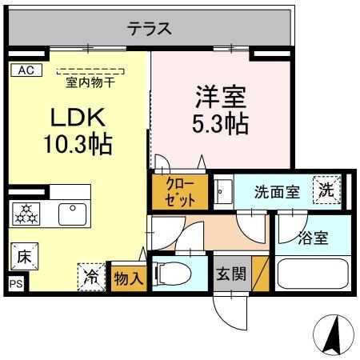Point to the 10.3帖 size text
[x=78, y=146]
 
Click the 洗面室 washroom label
[x=276, y=191]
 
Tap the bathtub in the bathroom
[x=312, y=274]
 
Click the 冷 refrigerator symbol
[x=91, y=277]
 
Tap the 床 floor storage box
[x=23, y=258]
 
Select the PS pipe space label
[x=14, y=284]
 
